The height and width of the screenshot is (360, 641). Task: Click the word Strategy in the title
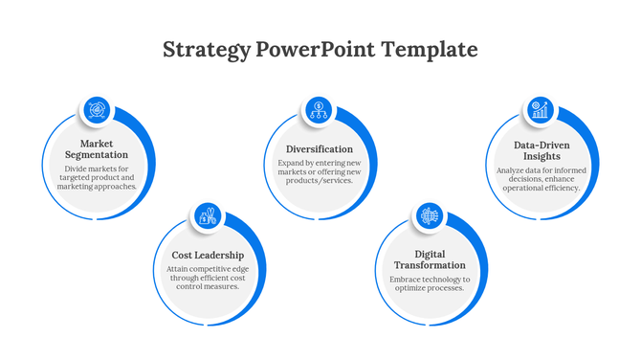207,50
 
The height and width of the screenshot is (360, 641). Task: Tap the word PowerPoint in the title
318,50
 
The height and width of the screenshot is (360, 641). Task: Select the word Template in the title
430,50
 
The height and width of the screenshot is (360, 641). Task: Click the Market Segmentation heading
97,149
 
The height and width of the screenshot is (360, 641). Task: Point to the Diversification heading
320,149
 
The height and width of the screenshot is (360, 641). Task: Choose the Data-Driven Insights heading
542,150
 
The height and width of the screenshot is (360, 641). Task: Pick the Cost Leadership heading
208,256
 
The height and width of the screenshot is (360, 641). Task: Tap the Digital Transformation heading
431,259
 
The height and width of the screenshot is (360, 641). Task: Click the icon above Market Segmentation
97,110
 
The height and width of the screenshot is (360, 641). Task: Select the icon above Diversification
319,109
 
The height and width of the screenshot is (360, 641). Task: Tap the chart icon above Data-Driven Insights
541,110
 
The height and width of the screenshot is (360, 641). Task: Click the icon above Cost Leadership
207,216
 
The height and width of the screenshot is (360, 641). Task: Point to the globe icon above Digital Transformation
430,216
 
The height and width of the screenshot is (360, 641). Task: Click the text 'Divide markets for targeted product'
97,173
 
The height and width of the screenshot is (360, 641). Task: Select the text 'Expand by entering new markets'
320,168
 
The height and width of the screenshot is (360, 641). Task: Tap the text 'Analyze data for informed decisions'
542,174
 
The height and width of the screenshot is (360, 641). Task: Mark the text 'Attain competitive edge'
208,270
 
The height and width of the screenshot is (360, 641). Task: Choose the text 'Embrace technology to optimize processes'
431,283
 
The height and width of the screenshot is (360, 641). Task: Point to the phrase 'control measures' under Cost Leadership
208,286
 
